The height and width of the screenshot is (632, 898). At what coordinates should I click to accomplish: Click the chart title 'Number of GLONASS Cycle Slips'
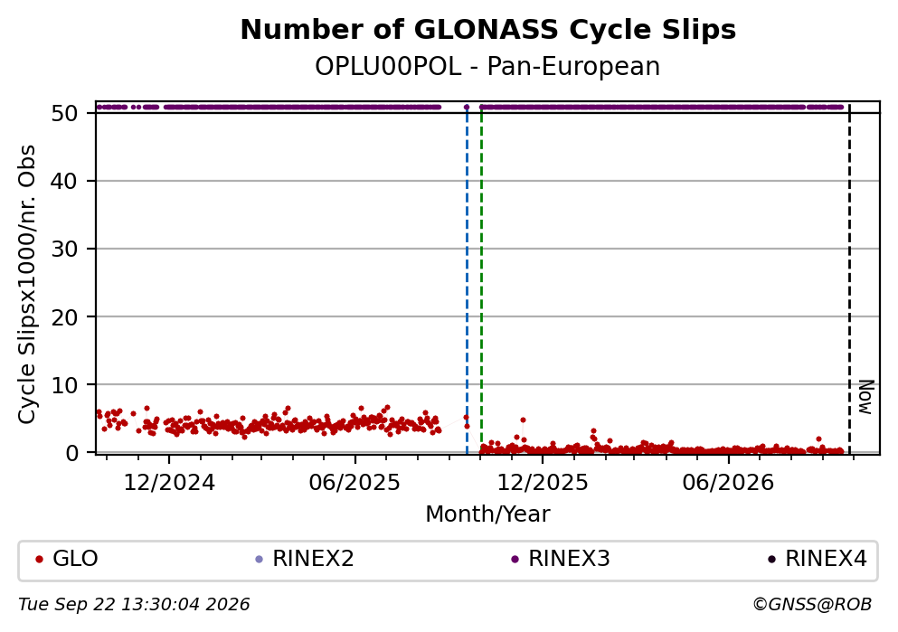[x=488, y=30]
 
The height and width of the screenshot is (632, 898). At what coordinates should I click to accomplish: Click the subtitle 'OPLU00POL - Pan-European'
[x=487, y=67]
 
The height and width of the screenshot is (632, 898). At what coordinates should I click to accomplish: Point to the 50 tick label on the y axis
[x=65, y=113]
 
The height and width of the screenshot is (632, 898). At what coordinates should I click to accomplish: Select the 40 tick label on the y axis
[x=65, y=182]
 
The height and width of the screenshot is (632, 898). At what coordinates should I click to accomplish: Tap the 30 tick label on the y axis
[x=65, y=249]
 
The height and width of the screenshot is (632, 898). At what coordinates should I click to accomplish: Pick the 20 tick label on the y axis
[x=65, y=317]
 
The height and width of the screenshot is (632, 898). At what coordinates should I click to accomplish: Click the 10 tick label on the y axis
[x=65, y=385]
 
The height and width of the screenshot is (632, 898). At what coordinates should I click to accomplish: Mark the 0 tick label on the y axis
[x=72, y=453]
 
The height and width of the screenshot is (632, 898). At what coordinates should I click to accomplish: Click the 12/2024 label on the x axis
[x=169, y=483]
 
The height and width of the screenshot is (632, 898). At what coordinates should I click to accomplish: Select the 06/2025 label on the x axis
[x=355, y=483]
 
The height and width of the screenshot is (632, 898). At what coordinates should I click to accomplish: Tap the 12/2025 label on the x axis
[x=542, y=483]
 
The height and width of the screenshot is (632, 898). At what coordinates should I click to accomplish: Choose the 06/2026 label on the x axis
[x=728, y=483]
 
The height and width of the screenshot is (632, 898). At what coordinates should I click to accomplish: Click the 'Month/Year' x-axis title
[x=487, y=514]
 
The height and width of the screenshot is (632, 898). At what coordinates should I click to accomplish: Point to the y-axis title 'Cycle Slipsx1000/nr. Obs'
[x=27, y=284]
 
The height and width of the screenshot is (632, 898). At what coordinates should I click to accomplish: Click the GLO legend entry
[x=67, y=559]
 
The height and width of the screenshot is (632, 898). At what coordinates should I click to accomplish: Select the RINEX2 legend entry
[x=305, y=559]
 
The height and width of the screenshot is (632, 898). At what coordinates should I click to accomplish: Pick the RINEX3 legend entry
[x=561, y=559]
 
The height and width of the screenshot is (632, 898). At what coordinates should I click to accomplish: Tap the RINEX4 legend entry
[x=818, y=559]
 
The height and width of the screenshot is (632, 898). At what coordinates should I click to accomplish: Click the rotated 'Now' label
[x=866, y=397]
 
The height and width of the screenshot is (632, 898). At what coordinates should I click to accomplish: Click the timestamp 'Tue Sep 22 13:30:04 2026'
[x=134, y=605]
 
